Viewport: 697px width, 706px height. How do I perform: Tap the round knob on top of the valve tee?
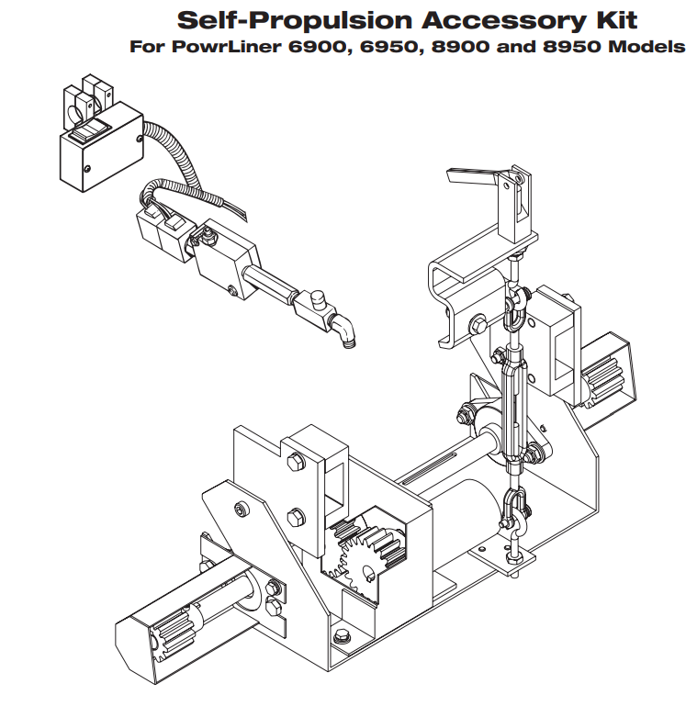tap(318, 298)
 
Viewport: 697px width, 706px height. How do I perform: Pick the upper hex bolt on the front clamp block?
tap(296, 463)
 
